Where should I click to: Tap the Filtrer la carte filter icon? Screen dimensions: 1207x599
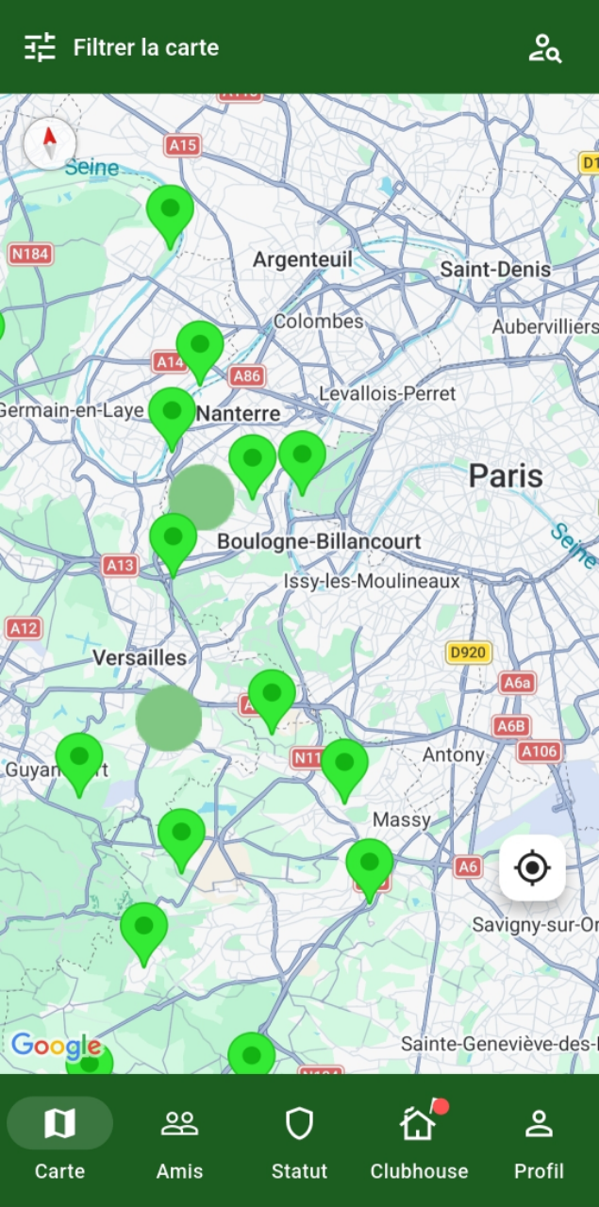pos(41,47)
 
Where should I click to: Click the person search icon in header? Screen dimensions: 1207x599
pos(544,48)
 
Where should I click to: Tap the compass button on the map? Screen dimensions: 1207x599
pos(50,144)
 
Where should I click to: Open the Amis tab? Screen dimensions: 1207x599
pos(179,1141)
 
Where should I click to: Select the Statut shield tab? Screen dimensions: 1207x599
pos(299,1141)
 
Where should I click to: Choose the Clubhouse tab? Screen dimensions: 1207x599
pos(419,1141)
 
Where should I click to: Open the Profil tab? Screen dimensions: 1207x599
pos(539,1141)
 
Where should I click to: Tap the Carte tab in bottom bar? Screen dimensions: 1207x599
pos(59,1141)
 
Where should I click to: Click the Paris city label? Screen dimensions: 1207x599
pos(506,476)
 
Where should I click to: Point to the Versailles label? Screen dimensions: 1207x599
pos(140,657)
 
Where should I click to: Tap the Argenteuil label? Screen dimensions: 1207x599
pos(302,259)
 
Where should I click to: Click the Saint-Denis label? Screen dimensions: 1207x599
pos(495,270)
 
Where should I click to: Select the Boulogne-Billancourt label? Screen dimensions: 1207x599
pos(319,541)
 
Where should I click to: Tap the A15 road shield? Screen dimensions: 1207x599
pos(182,144)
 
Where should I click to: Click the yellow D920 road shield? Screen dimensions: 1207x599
pos(469,653)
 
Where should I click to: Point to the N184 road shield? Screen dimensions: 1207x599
pos(30,254)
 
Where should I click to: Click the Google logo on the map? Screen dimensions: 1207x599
pos(56,1045)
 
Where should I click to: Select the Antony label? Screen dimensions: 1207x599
pos(453,754)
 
